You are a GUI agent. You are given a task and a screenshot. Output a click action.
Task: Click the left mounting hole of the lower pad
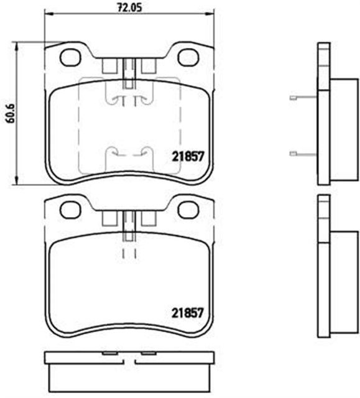(70, 210)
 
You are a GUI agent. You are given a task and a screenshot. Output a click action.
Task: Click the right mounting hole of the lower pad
(187, 210)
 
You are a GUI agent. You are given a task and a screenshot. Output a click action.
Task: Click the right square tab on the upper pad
(149, 65)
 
